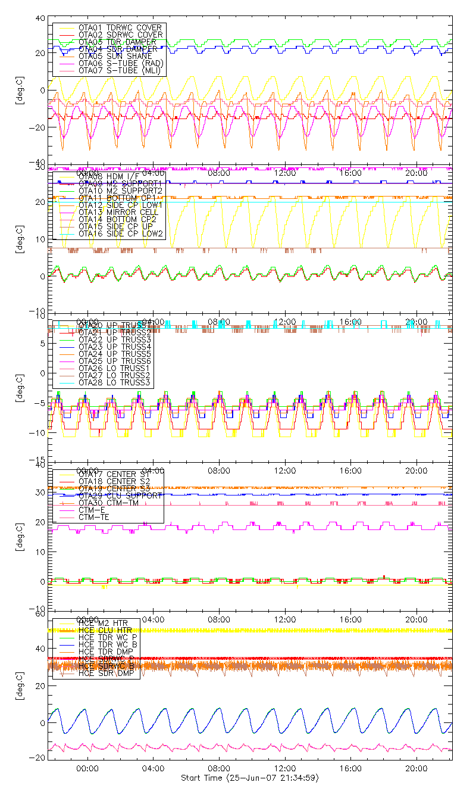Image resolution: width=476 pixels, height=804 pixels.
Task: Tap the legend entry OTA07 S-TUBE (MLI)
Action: tap(120, 70)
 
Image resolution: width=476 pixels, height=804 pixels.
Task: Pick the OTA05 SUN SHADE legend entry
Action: tap(113, 56)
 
